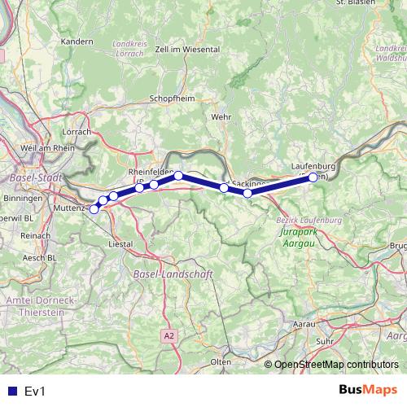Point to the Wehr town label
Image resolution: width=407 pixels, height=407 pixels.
tap(221, 116)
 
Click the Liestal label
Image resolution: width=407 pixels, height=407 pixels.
tap(120, 243)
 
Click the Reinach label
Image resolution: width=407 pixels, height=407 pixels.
tap(35, 234)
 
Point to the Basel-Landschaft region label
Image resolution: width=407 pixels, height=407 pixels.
tap(171, 275)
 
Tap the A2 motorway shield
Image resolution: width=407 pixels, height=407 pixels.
tap(168, 335)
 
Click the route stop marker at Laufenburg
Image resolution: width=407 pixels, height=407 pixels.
tap(313, 177)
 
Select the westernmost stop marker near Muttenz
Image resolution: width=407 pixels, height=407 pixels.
tap(94, 209)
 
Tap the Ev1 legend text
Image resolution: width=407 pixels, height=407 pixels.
tap(34, 392)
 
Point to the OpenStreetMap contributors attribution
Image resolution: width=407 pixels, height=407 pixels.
tap(336, 365)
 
